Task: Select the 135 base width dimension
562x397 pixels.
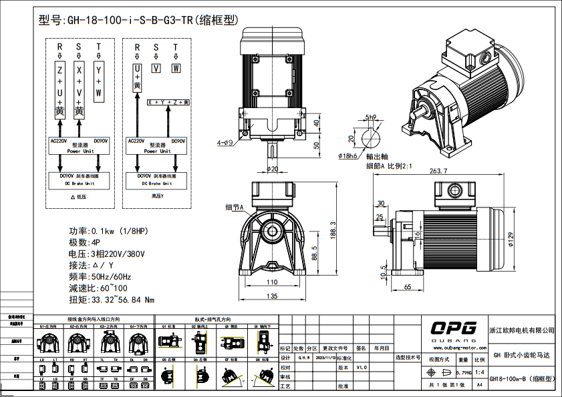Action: tap(272, 296)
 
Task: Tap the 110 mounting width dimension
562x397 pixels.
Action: tap(272, 282)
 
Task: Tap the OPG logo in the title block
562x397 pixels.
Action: tap(453, 328)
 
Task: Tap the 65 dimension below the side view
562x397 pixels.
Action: tap(408, 286)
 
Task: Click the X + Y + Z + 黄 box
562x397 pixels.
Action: tap(169, 102)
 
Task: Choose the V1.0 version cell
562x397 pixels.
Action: tap(361, 367)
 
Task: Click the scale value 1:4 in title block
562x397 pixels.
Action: tap(480, 371)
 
